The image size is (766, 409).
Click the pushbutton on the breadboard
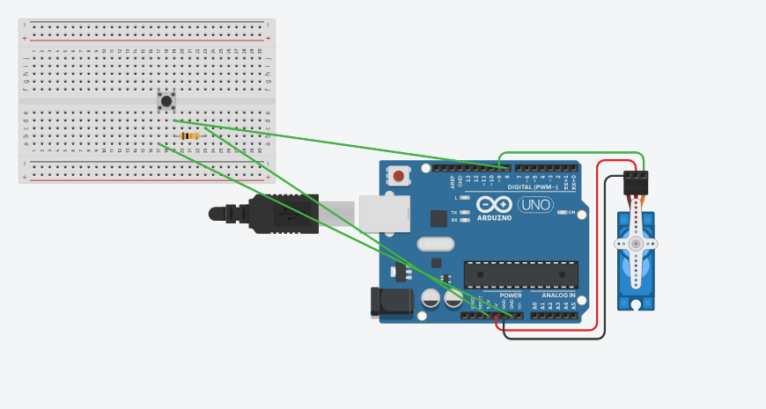pos(166,100)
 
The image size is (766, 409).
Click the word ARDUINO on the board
pos(494,217)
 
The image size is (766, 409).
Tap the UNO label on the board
pos(534,205)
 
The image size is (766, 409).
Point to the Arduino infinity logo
pos(494,204)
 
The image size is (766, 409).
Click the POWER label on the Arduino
pos(511,296)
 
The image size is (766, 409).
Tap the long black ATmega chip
pos(521,274)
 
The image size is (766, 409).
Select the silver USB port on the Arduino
pos(384,214)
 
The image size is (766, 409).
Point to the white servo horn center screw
pos(636,244)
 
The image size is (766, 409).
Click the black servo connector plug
pos(636,182)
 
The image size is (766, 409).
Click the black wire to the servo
pos(606,264)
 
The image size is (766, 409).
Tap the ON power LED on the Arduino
pos(561,212)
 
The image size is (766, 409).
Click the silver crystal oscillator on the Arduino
pos(436,244)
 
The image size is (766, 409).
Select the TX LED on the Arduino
pos(464,213)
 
